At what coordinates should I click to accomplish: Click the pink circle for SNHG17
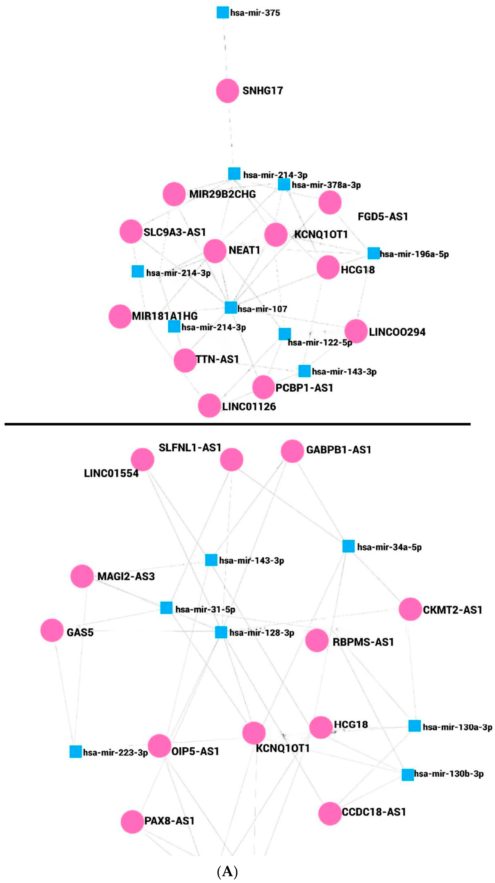pos(227,91)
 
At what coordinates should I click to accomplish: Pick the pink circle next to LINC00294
pos(356,331)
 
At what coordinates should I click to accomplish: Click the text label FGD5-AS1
pos(383,217)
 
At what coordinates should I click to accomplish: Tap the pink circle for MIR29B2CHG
pos(174,194)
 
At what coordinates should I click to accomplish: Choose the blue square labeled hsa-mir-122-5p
pos(285,334)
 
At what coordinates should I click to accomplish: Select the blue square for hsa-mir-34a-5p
pos(348,546)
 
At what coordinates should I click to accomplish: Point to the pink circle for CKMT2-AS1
pos(410,609)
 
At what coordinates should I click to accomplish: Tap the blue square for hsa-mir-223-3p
pos(76,752)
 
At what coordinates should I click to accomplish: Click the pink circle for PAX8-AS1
pos(132,822)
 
